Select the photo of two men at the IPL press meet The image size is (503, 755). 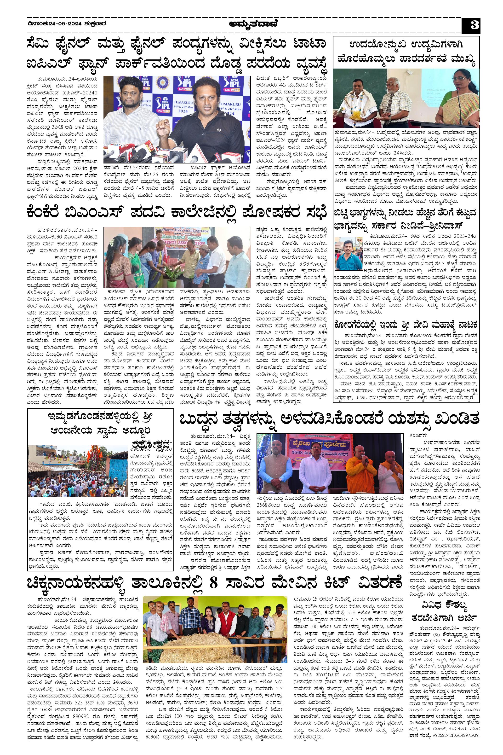(x=177, y=119)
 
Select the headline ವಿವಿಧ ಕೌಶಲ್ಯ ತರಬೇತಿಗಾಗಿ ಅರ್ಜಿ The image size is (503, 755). (x=444, y=612)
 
